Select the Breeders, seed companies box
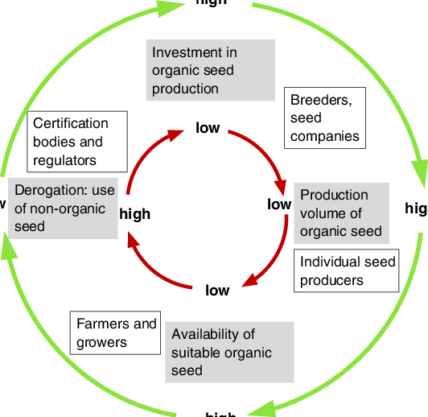(x=325, y=118)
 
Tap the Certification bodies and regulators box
(x=77, y=142)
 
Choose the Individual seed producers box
(x=347, y=271)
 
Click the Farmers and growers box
(x=115, y=332)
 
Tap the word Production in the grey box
(x=334, y=195)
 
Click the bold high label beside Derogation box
(x=134, y=214)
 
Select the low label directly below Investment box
(x=208, y=128)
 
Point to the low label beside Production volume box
(x=279, y=204)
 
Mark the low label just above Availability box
(x=217, y=290)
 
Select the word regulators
(x=64, y=160)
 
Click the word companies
(x=325, y=136)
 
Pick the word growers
(x=101, y=342)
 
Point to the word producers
(x=331, y=280)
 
